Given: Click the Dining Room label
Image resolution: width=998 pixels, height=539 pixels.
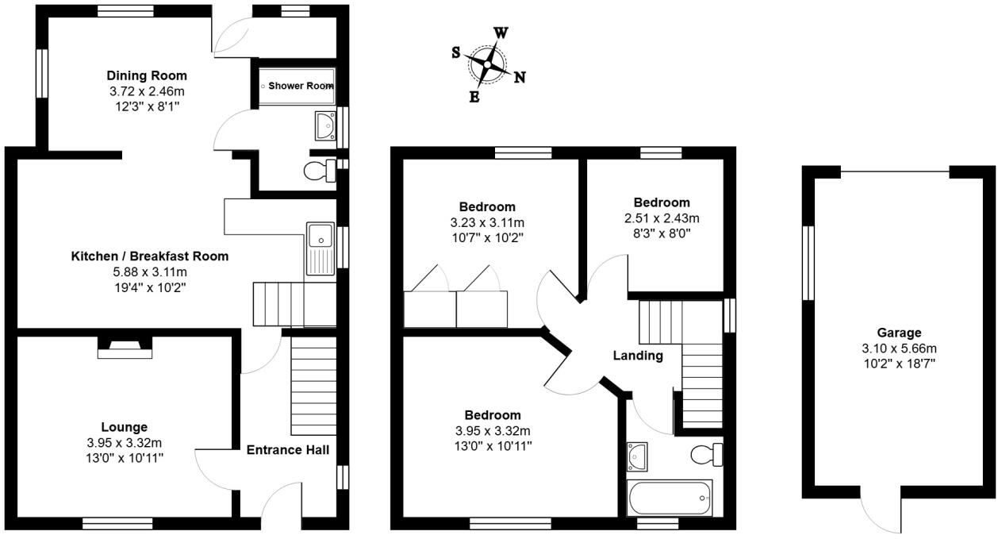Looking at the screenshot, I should click(x=147, y=76).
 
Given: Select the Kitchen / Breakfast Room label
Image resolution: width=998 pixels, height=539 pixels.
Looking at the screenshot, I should click(x=150, y=256).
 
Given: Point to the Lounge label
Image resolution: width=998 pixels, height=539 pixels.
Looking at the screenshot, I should click(x=124, y=427).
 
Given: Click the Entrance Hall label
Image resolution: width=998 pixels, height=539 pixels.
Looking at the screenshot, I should click(x=287, y=450).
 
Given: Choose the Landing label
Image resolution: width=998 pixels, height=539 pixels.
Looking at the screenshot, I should click(x=638, y=356).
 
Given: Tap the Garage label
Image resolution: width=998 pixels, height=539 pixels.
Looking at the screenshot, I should click(x=899, y=333).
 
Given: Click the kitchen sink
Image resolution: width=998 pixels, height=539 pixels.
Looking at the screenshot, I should click(x=321, y=236).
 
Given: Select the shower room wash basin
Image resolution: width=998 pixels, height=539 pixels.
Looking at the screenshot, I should click(x=324, y=125).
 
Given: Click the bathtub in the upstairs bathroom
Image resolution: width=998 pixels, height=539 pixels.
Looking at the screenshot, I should click(x=670, y=499).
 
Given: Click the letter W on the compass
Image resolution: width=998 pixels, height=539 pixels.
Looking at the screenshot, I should click(x=501, y=33).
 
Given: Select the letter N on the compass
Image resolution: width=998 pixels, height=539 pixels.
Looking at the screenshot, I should click(x=520, y=77).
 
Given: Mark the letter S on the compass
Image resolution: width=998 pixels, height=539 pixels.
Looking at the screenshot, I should click(x=456, y=52).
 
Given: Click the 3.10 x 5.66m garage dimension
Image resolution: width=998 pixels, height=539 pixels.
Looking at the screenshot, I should click(x=899, y=348).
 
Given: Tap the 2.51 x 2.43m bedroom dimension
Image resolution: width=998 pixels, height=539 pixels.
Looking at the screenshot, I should click(x=661, y=218).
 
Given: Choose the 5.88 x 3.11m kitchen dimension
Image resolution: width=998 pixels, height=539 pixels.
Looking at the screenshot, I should click(x=150, y=271).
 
